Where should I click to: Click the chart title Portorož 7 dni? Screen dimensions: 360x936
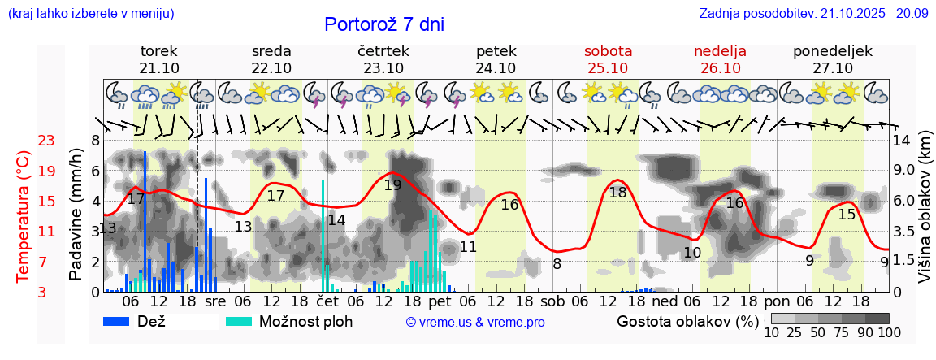tap(383, 24)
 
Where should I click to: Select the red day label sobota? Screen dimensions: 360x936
tap(608, 50)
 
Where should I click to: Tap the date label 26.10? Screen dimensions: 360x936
tap(720, 67)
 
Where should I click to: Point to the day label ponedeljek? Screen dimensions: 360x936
tap(832, 50)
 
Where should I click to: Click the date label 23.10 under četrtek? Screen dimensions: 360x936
tap(383, 67)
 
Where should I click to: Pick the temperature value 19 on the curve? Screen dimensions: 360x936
tap(392, 184)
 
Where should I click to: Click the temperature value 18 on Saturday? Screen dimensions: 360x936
tap(617, 193)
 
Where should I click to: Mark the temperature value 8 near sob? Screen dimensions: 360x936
tap(557, 263)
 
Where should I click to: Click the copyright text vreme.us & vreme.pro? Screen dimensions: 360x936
tap(475, 322)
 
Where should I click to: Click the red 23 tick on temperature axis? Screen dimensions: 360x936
tap(46, 141)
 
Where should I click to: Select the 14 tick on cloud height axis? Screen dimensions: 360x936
tap(902, 141)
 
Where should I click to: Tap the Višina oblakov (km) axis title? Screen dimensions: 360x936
tap(925, 215)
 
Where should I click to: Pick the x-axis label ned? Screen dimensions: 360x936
tap(665, 301)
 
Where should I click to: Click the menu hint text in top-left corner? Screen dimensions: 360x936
tap(90, 13)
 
